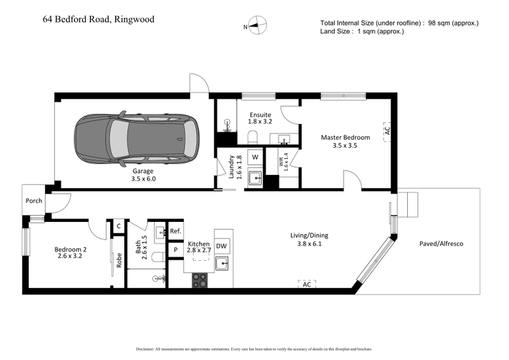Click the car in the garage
(x=137, y=139)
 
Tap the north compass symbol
(x=257, y=26)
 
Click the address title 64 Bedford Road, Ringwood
(x=99, y=20)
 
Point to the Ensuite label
(x=260, y=115)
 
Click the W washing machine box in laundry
(x=255, y=156)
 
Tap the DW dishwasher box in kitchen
(x=222, y=246)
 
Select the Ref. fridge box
(x=176, y=231)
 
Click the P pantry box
(x=176, y=250)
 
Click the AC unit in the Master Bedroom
(x=386, y=132)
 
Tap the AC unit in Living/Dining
(x=307, y=284)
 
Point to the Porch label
(x=34, y=200)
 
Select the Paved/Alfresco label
(x=441, y=244)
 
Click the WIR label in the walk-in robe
(x=286, y=162)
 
